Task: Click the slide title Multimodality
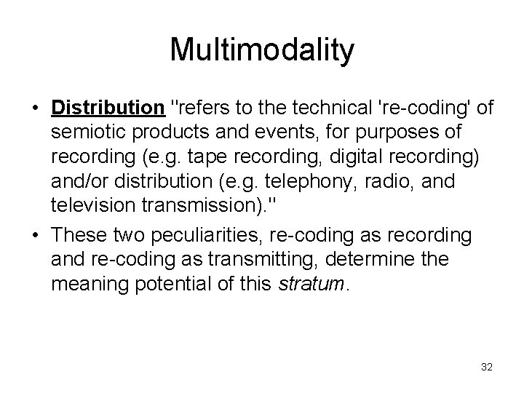[262, 50]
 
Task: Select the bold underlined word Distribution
[108, 108]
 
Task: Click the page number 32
[487, 368]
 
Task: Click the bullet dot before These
[35, 236]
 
